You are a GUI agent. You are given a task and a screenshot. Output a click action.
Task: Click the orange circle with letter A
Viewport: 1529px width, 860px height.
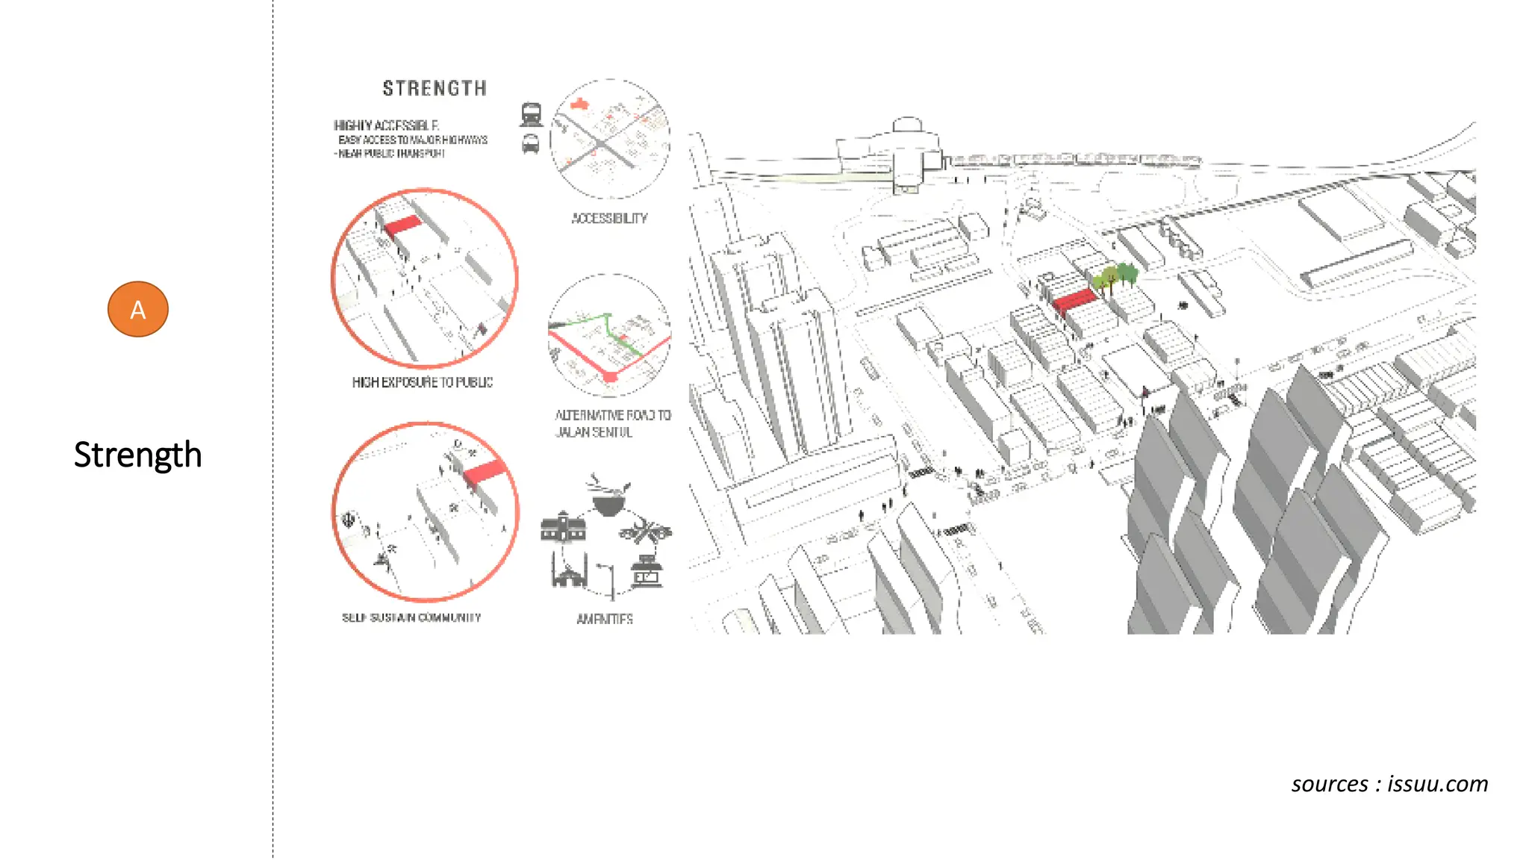(x=138, y=309)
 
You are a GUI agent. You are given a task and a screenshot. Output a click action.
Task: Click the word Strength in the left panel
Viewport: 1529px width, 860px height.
(x=138, y=455)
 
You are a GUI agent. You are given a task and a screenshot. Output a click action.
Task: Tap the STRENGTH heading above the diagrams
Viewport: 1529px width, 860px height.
(x=435, y=89)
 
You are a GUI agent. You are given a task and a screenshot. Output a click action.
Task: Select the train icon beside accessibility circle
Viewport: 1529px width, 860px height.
(x=531, y=114)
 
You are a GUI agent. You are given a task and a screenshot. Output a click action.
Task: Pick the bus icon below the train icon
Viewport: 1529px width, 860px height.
(x=530, y=143)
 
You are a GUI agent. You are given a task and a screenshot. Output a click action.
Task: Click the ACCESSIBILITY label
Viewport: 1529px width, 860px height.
(x=609, y=218)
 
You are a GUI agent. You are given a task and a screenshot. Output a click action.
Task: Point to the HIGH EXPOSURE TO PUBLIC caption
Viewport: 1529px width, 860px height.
(x=423, y=382)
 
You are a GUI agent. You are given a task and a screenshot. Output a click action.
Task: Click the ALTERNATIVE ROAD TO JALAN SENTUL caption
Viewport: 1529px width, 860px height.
(x=612, y=423)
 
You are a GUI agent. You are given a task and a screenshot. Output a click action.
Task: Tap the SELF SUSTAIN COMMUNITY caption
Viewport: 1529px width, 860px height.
(x=411, y=617)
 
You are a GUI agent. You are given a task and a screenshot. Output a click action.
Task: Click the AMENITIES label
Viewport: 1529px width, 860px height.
(x=605, y=619)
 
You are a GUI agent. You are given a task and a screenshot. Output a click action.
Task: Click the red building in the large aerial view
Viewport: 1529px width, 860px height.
(x=1074, y=301)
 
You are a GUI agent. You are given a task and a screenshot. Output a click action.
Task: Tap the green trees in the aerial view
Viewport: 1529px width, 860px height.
(x=1115, y=277)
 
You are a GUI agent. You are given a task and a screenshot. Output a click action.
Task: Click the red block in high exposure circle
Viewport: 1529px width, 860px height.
(x=402, y=225)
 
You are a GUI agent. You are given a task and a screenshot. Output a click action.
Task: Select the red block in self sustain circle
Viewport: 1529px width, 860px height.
(x=485, y=472)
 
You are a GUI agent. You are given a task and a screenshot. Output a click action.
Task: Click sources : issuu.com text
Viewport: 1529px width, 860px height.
(x=1389, y=784)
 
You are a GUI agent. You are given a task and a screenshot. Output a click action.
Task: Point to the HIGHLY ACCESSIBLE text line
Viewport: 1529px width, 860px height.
(x=386, y=125)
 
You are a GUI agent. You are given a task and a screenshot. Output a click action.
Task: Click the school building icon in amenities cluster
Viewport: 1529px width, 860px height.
(x=563, y=528)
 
